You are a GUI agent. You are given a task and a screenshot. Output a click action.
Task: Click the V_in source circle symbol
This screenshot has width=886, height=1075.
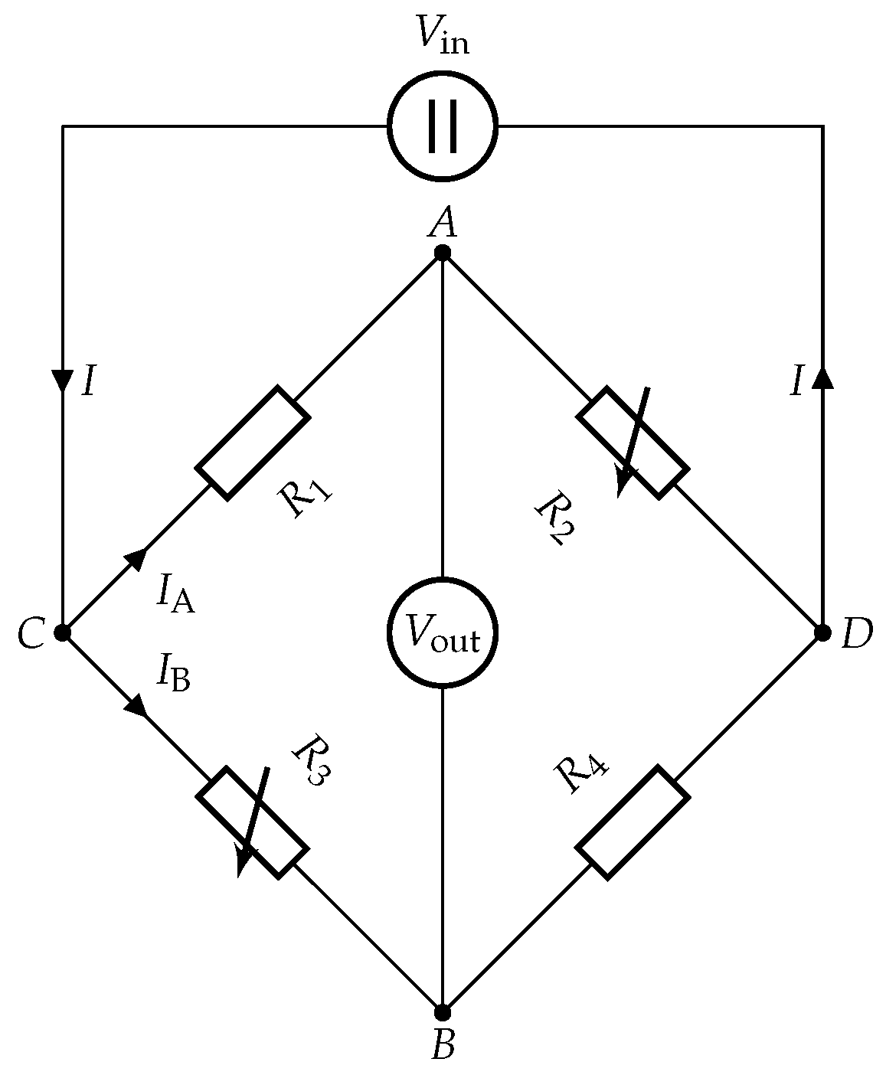coord(443,125)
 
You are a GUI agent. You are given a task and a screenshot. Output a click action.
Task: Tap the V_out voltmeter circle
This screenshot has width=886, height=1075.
coord(443,632)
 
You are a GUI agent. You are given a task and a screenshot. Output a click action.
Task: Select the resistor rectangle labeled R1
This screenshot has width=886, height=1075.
coord(253,444)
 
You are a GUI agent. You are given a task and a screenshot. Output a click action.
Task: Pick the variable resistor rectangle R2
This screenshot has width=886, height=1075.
coord(633,444)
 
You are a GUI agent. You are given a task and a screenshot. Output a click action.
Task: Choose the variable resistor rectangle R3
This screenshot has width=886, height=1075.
coord(253,821)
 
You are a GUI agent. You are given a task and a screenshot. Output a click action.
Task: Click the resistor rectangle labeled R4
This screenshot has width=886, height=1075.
coord(633,821)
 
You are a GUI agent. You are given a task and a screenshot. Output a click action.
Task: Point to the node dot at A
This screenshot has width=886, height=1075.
coord(443,253)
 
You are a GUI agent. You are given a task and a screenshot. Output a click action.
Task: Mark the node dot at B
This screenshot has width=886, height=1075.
coord(443,1012)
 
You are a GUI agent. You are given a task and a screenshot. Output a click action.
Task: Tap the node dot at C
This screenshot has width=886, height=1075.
coord(63,632)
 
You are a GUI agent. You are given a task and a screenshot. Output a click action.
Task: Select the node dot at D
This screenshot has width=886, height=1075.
coord(822,632)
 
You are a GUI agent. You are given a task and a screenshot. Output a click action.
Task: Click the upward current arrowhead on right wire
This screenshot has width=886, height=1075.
coord(822,377)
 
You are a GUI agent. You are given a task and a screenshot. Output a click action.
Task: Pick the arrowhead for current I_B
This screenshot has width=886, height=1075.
coord(136,705)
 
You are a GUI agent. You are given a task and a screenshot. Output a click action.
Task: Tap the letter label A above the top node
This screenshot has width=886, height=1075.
coord(443,223)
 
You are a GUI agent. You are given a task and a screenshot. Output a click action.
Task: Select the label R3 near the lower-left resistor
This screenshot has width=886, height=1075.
coord(311,759)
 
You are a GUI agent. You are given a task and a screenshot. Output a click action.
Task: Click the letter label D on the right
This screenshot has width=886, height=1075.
coord(857,635)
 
